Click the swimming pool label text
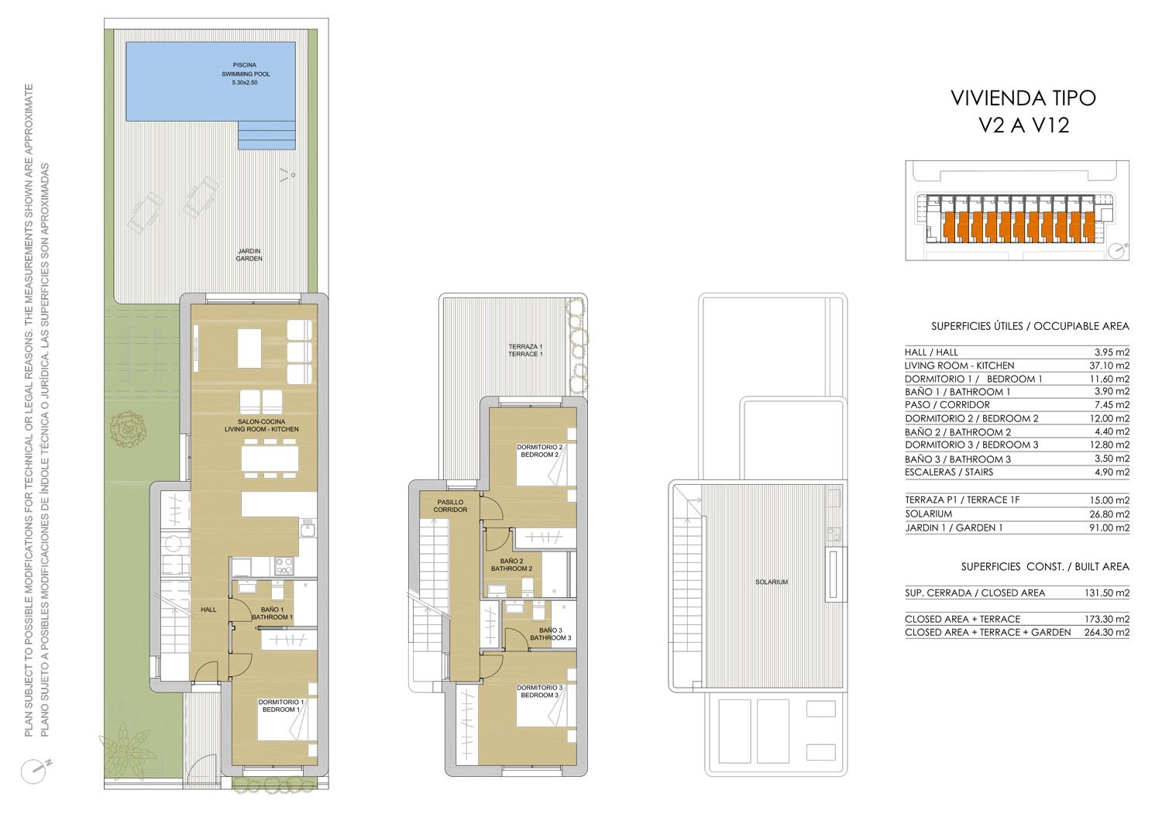coord(246,74)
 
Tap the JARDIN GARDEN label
coord(249,255)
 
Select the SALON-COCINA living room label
coord(262,425)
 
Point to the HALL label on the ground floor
coord(208,610)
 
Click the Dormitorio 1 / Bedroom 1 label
coord(281,706)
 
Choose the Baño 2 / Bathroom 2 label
coord(511,565)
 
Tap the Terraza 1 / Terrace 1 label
coord(525,350)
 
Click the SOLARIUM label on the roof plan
coord(772,582)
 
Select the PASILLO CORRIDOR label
coord(450,506)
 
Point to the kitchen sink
coord(307,529)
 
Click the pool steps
coord(266,134)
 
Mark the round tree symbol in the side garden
coord(128,428)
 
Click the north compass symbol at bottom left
coord(36,771)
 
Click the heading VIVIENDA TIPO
coord(1023,98)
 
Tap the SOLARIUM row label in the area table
coord(929,514)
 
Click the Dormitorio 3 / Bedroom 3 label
coord(539,691)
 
